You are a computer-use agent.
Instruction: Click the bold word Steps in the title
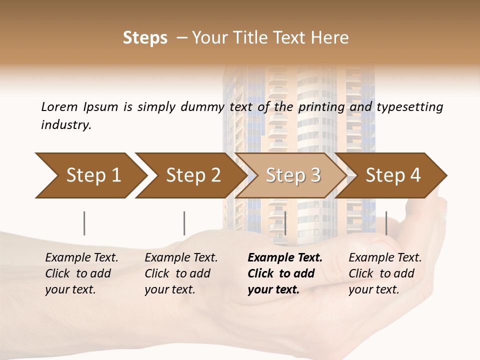point(145,38)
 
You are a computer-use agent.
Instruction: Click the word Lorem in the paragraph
point(59,106)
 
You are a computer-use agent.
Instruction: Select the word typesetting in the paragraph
point(409,107)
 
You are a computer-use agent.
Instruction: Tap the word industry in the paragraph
point(66,124)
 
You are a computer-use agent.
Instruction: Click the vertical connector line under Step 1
point(84,223)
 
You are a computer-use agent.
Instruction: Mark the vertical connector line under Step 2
point(184,223)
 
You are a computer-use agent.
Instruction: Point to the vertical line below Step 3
point(285,223)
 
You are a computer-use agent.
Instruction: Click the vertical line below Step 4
point(386,223)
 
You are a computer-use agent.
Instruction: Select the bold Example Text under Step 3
point(285,258)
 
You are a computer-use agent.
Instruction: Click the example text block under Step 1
point(81,273)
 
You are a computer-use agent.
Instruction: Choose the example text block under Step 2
point(181,273)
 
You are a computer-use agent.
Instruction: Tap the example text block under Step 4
point(385,273)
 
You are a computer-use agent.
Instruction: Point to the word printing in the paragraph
point(321,107)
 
